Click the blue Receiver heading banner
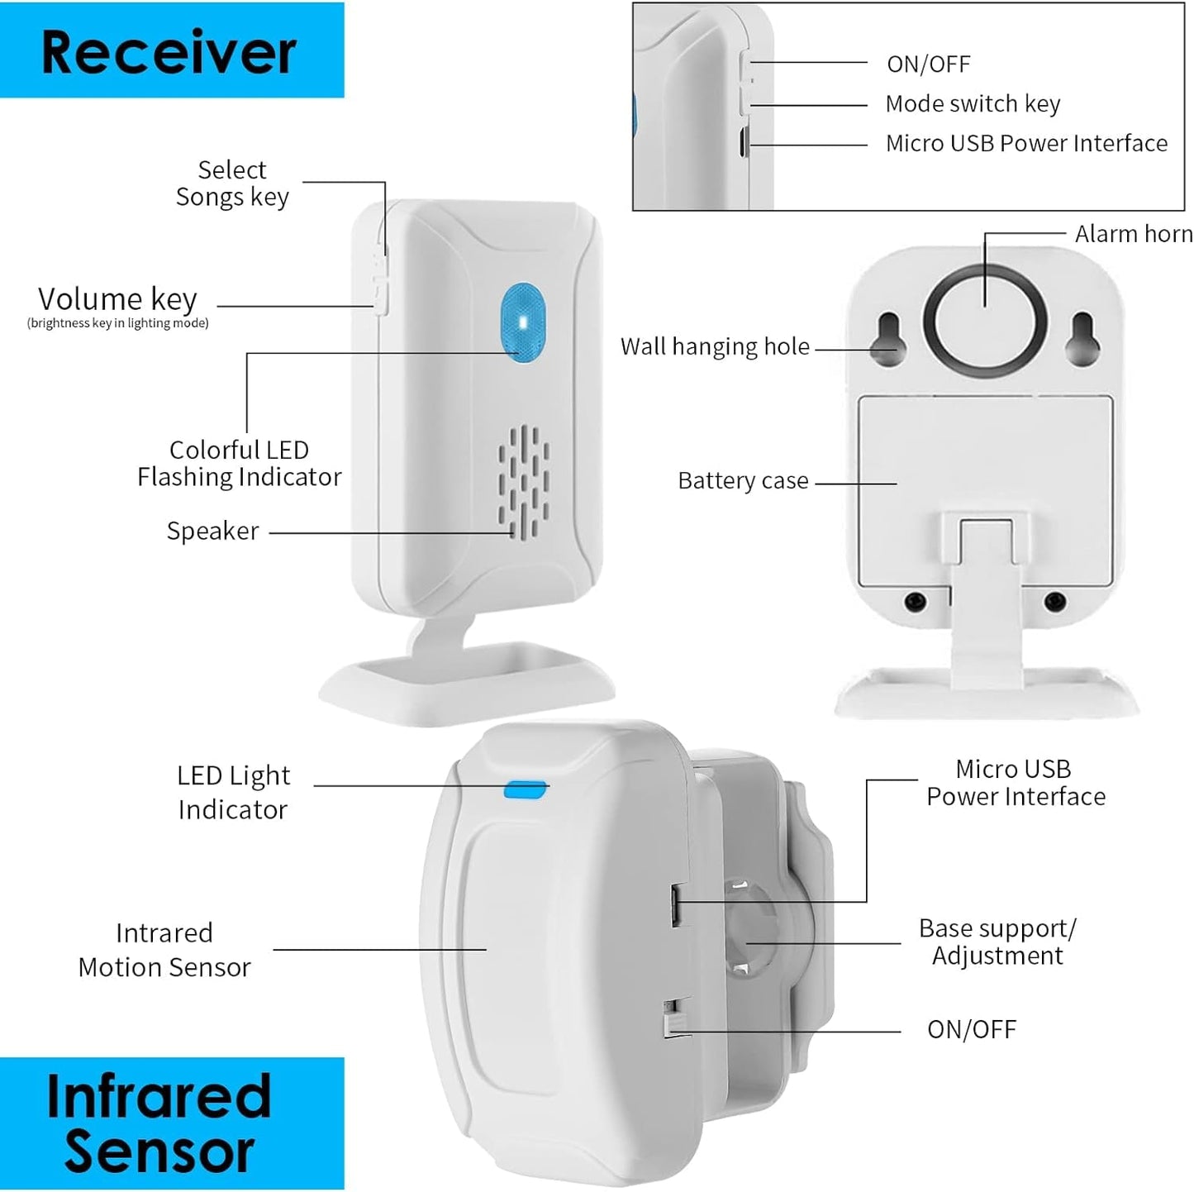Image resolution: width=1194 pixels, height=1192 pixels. coord(171,50)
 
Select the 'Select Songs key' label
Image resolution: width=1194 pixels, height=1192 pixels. coord(232,183)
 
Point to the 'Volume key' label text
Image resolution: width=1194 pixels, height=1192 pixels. coord(117,298)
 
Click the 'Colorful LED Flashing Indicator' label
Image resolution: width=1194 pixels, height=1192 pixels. coord(239,463)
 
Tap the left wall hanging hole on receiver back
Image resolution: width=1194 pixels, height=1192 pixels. coord(889,338)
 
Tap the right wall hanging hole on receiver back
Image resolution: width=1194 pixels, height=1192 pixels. coord(1082,338)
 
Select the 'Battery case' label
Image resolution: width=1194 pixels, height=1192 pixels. coord(743,481)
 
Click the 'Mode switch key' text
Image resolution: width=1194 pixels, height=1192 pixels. coord(973,104)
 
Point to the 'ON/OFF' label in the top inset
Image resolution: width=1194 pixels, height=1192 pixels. coord(928,64)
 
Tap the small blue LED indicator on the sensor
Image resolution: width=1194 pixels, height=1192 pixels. coord(526,789)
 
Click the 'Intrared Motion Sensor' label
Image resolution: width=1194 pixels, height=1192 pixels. coord(164,950)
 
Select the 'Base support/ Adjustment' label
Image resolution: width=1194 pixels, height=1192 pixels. coord(997,942)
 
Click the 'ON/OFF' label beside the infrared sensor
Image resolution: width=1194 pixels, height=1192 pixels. coord(971,1030)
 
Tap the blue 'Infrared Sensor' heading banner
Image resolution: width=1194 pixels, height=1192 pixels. coord(171,1123)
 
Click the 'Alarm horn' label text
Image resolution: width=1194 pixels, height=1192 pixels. coord(1133,235)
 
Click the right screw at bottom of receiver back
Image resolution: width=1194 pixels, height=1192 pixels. coord(1054,601)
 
